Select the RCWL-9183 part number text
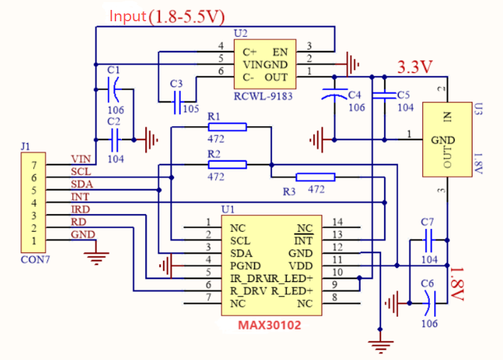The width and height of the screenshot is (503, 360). (x=262, y=95)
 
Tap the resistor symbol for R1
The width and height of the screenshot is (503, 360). (x=227, y=127)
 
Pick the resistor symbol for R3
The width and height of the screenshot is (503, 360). (x=316, y=177)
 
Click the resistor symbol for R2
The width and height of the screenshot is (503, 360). (x=227, y=164)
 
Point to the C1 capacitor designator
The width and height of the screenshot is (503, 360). (x=113, y=70)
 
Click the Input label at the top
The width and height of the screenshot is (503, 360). (x=128, y=16)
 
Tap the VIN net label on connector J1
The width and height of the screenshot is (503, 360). (x=80, y=158)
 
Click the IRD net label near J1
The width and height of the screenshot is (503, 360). (x=80, y=209)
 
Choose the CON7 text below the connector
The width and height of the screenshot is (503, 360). (x=33, y=258)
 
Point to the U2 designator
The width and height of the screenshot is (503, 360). (x=241, y=33)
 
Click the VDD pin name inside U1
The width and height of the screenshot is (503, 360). (x=300, y=266)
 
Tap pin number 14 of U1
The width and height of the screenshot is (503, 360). (x=337, y=222)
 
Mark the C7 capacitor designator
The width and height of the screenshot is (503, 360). (x=427, y=223)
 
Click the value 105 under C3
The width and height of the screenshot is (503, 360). (x=191, y=108)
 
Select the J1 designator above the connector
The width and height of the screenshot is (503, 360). (x=26, y=146)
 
